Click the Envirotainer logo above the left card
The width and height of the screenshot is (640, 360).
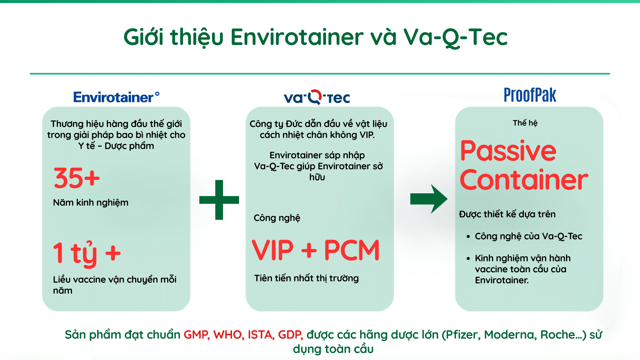pyautogui.click(x=116, y=97)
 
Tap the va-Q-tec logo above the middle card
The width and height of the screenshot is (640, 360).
pyautogui.click(x=317, y=97)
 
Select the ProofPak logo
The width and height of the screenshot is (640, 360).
pyautogui.click(x=530, y=95)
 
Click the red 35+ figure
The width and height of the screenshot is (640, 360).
pyautogui.click(x=77, y=178)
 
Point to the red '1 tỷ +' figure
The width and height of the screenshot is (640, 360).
pyautogui.click(x=87, y=253)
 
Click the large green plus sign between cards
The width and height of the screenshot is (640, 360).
pyautogui.click(x=219, y=200)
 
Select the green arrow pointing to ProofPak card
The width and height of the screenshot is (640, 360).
pyautogui.click(x=429, y=199)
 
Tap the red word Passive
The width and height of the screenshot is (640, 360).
pyautogui.click(x=508, y=151)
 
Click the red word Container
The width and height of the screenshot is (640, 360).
pyautogui.click(x=524, y=180)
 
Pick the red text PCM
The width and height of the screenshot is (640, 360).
pyautogui.click(x=352, y=250)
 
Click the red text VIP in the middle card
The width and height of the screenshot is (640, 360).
pyautogui.click(x=273, y=250)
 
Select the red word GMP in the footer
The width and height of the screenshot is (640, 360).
pyautogui.click(x=196, y=334)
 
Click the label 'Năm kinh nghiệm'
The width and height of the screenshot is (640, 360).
pyautogui.click(x=91, y=202)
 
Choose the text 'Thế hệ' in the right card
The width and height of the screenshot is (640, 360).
pyautogui.click(x=525, y=123)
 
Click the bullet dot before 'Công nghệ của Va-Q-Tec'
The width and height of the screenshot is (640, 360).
pyautogui.click(x=468, y=237)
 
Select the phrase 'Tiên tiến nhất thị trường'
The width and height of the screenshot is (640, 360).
pyautogui.click(x=306, y=278)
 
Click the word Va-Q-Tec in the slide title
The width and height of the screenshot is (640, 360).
pyautogui.click(x=455, y=37)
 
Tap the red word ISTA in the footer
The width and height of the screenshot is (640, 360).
pyautogui.click(x=261, y=334)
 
